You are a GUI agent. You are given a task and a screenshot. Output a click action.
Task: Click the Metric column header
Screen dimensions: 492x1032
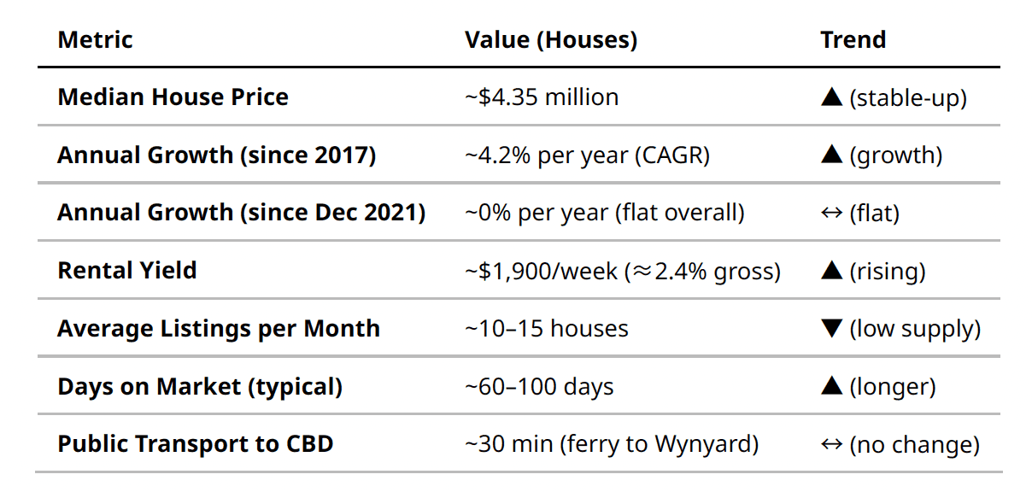coord(95,40)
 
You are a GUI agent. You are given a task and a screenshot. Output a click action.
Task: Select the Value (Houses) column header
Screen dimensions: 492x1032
coord(550,40)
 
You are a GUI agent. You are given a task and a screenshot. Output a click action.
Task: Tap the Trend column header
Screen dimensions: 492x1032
coord(853,40)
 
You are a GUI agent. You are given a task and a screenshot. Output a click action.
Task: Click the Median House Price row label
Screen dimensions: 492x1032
coord(173,97)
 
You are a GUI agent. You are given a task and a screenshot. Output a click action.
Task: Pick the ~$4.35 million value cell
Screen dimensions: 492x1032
coord(542,97)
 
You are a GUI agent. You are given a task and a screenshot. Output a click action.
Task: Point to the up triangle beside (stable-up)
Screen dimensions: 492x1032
coord(831,97)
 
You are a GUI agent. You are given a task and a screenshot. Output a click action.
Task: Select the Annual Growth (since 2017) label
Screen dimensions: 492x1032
coord(216,155)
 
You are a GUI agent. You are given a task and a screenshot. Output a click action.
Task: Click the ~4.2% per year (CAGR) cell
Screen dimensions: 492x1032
coord(587,155)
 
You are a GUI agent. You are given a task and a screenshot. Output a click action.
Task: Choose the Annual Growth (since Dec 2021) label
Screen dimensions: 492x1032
coord(241,213)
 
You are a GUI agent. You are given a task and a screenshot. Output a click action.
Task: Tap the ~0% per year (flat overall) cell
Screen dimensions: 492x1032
coord(604,213)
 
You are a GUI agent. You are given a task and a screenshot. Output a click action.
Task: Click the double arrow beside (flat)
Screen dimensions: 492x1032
coord(831,213)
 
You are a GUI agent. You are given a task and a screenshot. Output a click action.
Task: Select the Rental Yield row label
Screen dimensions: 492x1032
coord(127,271)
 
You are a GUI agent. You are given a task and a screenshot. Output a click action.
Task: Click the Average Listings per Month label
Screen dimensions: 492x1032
coord(219,329)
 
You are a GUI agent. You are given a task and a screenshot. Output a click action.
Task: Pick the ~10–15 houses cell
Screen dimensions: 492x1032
coord(547,329)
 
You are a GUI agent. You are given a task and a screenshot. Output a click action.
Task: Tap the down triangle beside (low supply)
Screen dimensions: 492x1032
coord(831,329)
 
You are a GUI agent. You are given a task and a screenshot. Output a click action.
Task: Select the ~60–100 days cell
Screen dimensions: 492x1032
coord(539,387)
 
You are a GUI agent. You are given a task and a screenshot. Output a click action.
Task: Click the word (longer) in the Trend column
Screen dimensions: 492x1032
coord(892,387)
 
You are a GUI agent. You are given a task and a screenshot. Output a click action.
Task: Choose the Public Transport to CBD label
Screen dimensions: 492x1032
coord(195,445)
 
